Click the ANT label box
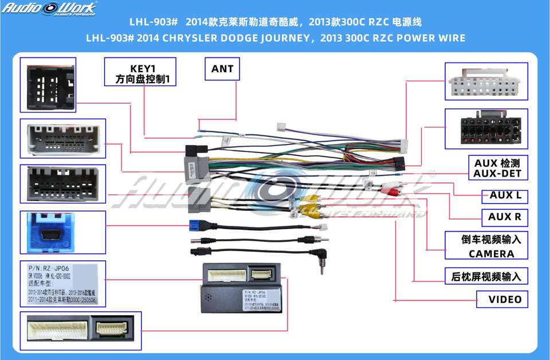point(222,69)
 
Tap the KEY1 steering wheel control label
point(140,72)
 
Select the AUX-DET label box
point(498,168)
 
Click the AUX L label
point(505,195)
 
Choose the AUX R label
point(505,217)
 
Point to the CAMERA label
point(491,253)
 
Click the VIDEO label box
point(504,299)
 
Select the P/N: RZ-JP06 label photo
point(62,282)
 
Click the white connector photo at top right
point(485,81)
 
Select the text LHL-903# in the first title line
point(151,22)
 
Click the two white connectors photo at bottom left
point(80,331)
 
